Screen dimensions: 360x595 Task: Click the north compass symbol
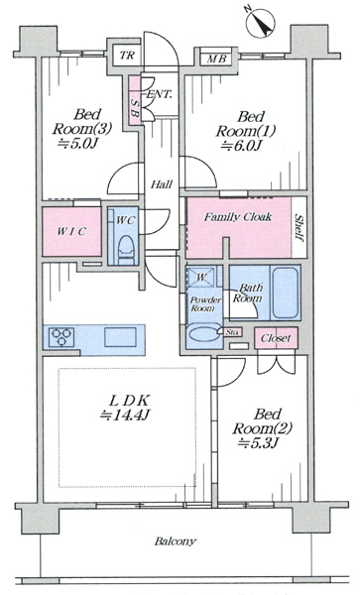tap(260, 22)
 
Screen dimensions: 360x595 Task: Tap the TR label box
tap(127, 56)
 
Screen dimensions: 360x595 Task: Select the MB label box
tap(216, 59)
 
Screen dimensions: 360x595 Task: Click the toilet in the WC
tap(126, 249)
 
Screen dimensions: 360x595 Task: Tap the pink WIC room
tap(71, 231)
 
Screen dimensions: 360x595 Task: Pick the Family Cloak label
tap(238, 217)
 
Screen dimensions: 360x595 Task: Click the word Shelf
tap(299, 228)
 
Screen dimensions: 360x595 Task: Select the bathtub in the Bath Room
tap(285, 293)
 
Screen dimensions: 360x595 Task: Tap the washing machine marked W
tap(200, 278)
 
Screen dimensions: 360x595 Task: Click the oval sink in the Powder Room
tap(204, 334)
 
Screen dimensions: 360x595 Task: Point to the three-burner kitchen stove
tap(61, 336)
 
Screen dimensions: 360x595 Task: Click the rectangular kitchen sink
tap(121, 336)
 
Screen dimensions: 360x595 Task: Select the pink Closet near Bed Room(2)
tap(276, 338)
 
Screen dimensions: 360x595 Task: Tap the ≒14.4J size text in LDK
tap(126, 416)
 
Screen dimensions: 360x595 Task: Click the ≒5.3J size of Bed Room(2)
tap(257, 442)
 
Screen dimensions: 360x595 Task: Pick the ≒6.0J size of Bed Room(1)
tap(240, 146)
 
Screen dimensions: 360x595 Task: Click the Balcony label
tap(176, 541)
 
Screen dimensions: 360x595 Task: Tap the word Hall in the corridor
tap(162, 184)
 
